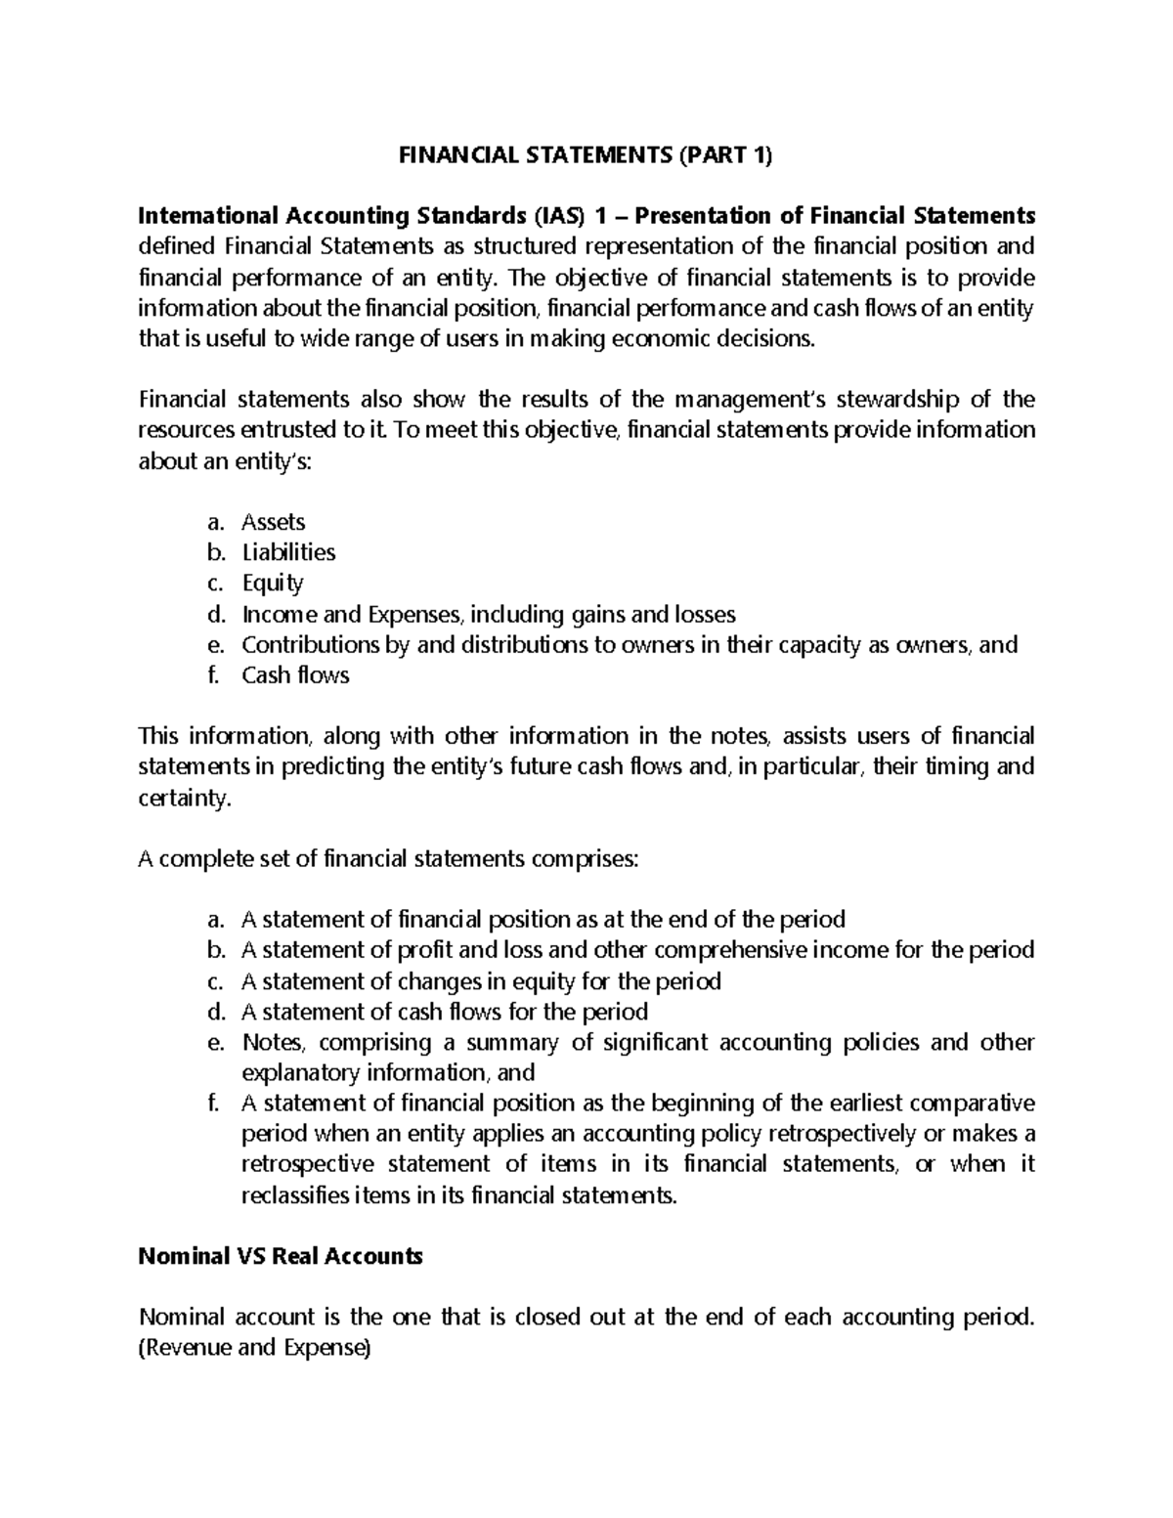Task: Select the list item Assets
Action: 273,522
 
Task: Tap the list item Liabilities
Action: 288,552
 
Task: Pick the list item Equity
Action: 273,584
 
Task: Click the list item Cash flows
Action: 295,675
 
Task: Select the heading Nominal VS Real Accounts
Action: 282,1257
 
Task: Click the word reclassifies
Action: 294,1194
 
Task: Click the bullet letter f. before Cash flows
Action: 212,675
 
